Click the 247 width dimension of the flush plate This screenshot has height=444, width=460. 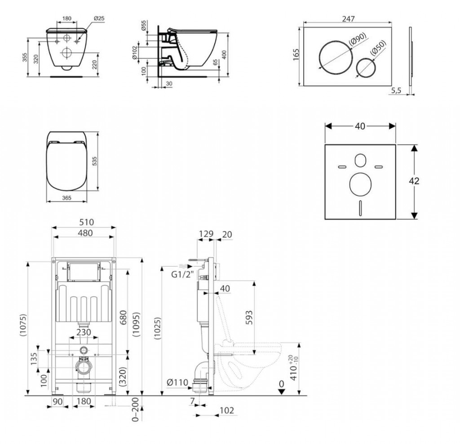[348, 19]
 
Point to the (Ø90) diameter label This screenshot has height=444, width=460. [358, 39]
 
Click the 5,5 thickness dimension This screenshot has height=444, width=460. [396, 91]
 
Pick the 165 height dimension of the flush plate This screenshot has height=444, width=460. [296, 55]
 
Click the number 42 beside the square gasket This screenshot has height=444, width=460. [414, 181]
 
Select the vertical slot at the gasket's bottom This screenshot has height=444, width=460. [360, 208]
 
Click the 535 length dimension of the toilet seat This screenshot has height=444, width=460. [94, 161]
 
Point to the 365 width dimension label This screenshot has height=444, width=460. [66, 198]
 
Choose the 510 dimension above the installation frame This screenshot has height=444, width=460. [87, 222]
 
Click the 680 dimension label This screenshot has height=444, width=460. [124, 317]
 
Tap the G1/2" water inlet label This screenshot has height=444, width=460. [183, 275]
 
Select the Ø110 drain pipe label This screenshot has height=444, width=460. [177, 382]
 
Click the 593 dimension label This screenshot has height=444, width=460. [248, 318]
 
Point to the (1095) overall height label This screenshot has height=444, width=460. [136, 324]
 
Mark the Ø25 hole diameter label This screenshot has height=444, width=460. [99, 18]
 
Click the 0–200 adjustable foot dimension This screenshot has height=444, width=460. [135, 409]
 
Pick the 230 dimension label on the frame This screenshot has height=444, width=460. [84, 332]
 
